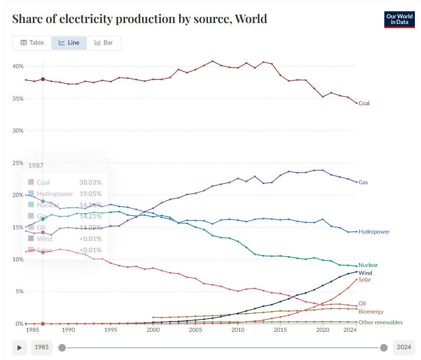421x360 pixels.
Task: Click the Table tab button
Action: tap(32, 43)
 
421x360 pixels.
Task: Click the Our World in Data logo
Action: tap(399, 19)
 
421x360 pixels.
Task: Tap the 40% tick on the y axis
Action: tap(18, 66)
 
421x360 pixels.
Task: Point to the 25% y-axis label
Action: tap(18, 163)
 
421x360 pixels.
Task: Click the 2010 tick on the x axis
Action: tap(238, 330)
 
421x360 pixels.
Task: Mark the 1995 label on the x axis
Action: tap(111, 330)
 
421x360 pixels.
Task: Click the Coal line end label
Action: tap(364, 103)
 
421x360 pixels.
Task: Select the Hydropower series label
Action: tap(373, 232)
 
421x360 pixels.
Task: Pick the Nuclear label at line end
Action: tap(368, 265)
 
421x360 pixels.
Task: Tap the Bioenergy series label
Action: tap(371, 312)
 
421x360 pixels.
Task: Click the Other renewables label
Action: tap(381, 322)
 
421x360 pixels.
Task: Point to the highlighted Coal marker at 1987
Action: tap(43, 79)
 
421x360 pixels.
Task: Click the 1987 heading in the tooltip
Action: tap(36, 166)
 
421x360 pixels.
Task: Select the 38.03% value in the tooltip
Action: tap(90, 182)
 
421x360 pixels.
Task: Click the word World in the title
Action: tap(251, 19)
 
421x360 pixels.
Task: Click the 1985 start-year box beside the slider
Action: tap(42, 348)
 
